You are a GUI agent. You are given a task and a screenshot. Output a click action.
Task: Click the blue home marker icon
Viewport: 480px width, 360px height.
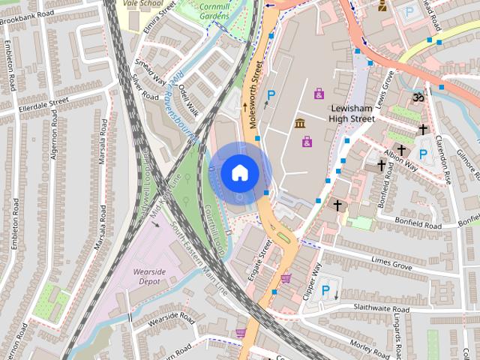click(x=239, y=172)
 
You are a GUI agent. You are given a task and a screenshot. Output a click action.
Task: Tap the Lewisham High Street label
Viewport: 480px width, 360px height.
click(x=352, y=112)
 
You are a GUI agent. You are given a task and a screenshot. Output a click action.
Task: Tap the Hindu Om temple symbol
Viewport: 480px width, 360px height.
click(x=418, y=97)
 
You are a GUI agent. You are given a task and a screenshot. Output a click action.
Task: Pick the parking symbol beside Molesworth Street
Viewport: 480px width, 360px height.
click(x=271, y=95)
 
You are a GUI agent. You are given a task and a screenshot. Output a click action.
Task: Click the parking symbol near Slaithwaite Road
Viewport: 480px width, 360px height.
click(x=325, y=290)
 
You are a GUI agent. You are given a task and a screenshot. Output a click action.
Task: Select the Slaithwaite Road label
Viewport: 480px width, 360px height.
click(x=373, y=307)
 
